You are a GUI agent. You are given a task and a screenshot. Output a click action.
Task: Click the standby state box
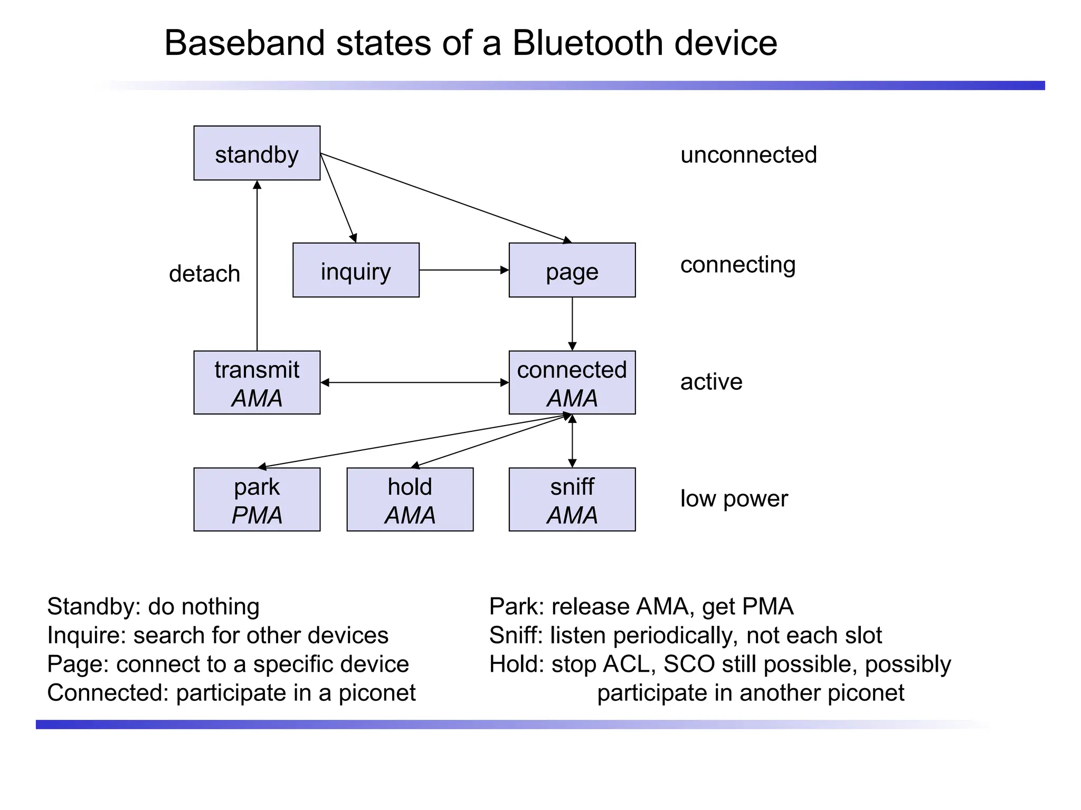pos(257,153)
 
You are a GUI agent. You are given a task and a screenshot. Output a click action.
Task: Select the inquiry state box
pos(356,270)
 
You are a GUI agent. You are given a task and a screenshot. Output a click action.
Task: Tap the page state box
pos(572,270)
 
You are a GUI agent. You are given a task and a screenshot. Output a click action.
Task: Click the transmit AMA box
pos(257,382)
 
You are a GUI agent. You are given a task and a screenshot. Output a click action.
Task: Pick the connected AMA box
pos(572,382)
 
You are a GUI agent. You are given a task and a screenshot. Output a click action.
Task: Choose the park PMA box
pos(257,499)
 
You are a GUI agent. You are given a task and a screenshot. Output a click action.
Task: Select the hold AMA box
pos(410,499)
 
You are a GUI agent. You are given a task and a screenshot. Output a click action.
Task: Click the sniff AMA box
pos(572,499)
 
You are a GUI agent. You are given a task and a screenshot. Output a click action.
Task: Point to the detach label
pos(204,274)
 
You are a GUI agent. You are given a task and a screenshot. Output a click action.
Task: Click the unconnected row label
pos(748,155)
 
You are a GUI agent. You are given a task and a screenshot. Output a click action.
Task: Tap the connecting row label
pos(737,265)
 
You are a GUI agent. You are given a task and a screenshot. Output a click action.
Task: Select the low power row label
pos(734,498)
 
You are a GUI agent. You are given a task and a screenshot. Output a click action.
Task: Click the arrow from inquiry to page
pos(463,270)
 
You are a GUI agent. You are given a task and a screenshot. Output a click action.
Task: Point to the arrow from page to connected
pos(572,323)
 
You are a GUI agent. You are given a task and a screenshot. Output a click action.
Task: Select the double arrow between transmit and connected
pos(414,382)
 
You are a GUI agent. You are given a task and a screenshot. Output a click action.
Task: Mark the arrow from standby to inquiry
pos(338,198)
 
